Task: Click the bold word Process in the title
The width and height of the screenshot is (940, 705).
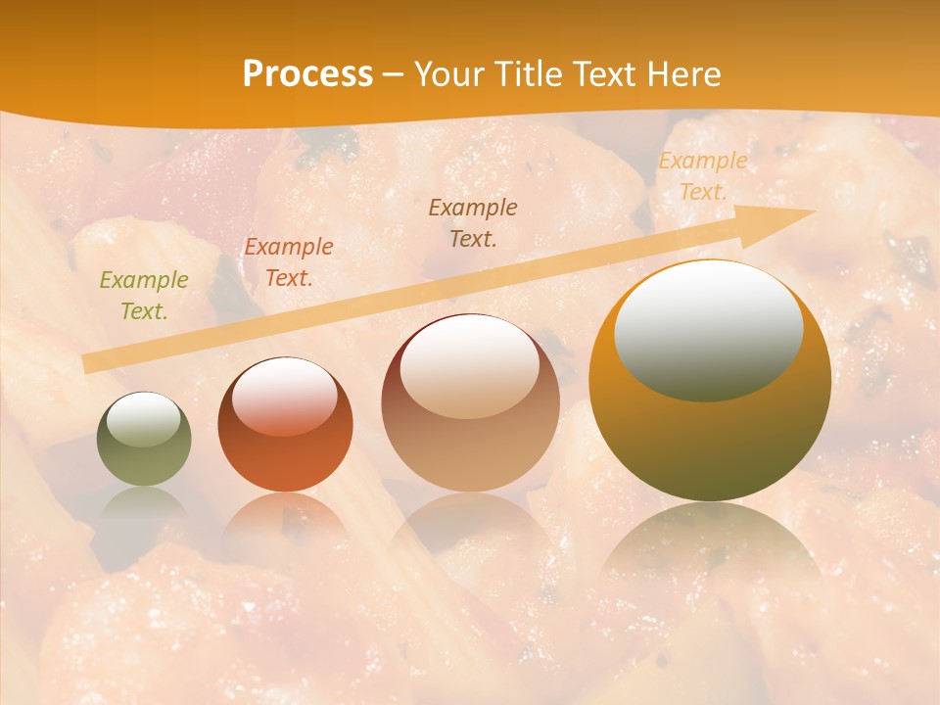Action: (x=307, y=74)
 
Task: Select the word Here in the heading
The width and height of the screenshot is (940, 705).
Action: (x=686, y=74)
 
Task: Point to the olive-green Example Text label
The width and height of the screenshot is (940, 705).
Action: (x=144, y=296)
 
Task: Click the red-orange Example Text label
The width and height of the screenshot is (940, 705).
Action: (x=289, y=262)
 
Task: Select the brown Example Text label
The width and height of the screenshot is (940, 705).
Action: (x=473, y=222)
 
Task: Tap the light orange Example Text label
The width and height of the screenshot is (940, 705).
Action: (x=703, y=176)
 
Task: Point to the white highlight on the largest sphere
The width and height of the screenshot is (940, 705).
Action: (x=708, y=330)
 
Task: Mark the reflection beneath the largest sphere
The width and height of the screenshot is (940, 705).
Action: (x=710, y=548)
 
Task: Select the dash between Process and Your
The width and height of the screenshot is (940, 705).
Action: (x=394, y=74)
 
